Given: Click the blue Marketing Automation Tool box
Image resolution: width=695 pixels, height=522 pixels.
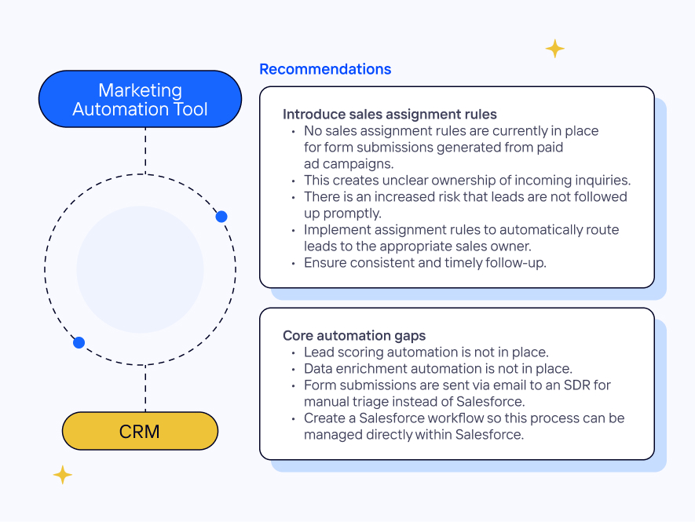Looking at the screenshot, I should click(140, 99).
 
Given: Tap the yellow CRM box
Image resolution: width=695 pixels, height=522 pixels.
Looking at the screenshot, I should click(140, 431).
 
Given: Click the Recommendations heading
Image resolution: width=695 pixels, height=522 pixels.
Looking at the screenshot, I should click(325, 69).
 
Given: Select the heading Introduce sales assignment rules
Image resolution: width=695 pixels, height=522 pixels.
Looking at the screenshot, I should click(390, 114).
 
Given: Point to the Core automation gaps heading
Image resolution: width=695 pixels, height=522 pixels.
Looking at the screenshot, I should click(354, 335).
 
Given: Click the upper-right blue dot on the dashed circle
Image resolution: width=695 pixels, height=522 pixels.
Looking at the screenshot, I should click(221, 217).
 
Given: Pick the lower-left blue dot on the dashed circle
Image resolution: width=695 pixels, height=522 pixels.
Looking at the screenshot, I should click(79, 342).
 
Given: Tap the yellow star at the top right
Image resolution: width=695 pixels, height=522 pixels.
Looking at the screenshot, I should click(555, 49).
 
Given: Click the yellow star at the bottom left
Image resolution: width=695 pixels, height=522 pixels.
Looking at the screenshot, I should click(62, 475).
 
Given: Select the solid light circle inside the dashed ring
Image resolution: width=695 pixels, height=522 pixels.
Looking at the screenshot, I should click(140, 269).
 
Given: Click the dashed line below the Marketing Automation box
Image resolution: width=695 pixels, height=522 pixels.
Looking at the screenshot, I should click(145, 151).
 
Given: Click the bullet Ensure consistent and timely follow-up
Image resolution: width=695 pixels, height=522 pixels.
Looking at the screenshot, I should click(425, 263).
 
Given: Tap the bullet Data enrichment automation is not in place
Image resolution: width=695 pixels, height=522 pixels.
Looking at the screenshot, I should click(438, 369).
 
